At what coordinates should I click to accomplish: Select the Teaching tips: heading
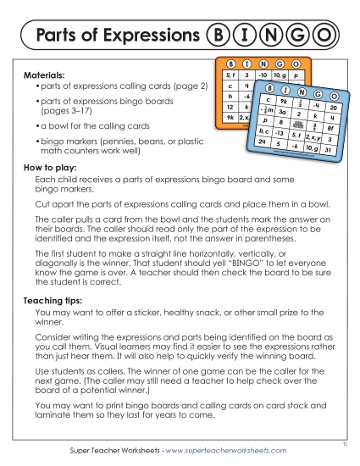tap(55, 301)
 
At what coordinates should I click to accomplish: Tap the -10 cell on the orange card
tap(259, 75)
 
